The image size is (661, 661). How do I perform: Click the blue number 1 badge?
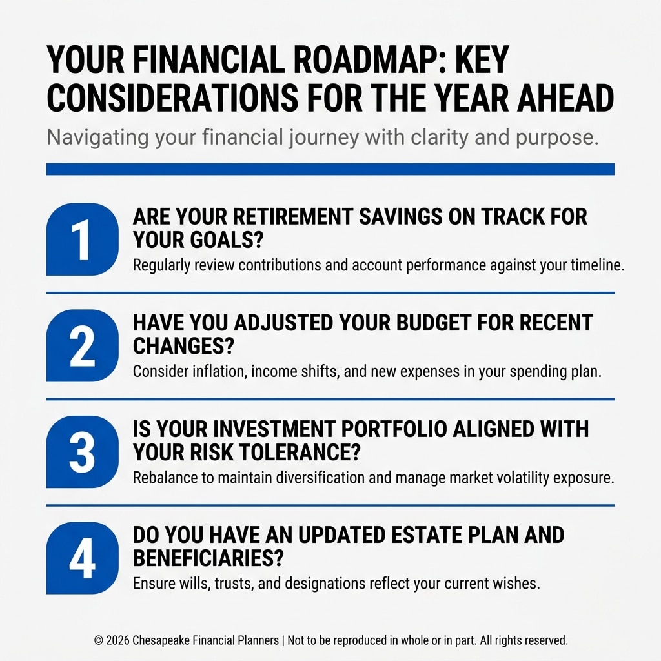pyautogui.click(x=82, y=239)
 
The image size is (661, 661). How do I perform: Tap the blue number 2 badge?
pyautogui.click(x=82, y=345)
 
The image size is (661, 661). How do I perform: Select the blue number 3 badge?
pyautogui.click(x=82, y=451)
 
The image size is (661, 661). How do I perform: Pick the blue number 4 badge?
pyautogui.click(x=82, y=558)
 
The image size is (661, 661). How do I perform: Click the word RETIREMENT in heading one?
pyautogui.click(x=292, y=217)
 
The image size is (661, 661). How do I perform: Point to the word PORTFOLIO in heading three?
pyautogui.click(x=394, y=429)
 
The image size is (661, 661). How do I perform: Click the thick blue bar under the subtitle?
pyautogui.click(x=330, y=169)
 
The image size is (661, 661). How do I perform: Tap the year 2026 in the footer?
pyautogui.click(x=117, y=640)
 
